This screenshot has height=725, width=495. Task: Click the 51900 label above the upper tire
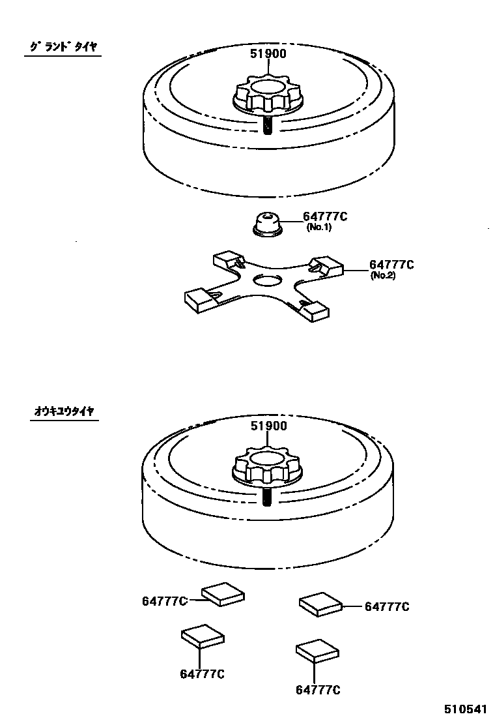(x=269, y=53)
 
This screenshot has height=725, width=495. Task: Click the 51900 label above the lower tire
(x=269, y=426)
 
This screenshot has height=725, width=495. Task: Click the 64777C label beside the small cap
(x=325, y=217)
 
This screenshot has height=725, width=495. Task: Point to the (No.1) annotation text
(x=319, y=228)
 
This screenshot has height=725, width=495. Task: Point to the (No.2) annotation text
(x=383, y=275)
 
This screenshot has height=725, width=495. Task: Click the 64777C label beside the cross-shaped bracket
(x=391, y=265)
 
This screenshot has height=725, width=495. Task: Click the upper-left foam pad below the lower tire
(x=223, y=593)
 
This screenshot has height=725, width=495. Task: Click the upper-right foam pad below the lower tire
(x=320, y=603)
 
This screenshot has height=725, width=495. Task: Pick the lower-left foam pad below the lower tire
(x=203, y=635)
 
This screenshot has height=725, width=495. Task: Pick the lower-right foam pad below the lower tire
(x=317, y=651)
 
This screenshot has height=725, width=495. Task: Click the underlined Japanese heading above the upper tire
(x=63, y=47)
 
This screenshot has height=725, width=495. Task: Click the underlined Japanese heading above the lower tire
(x=63, y=411)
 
